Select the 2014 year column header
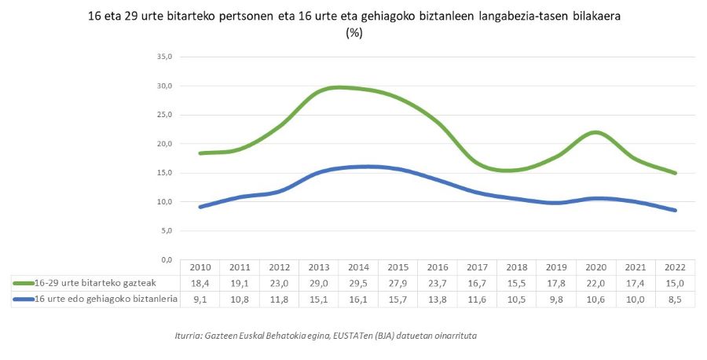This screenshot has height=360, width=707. coord(358,267)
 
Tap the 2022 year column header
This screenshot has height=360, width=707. coord(676,267)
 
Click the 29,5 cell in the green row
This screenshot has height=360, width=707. coord(358,283)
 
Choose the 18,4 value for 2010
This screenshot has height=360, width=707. coord(200,283)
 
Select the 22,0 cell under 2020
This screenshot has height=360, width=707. coord(596,283)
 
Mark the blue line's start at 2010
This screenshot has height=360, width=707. coord(200,207)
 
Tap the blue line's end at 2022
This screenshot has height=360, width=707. coord(676,210)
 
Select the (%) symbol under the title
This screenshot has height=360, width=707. coord(353,33)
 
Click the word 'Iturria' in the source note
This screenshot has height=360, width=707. coord(190,336)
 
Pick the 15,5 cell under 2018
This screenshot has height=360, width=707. coord(517,283)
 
